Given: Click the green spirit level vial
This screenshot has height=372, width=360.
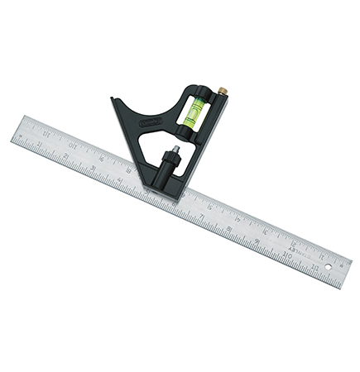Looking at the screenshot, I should (191, 107).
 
